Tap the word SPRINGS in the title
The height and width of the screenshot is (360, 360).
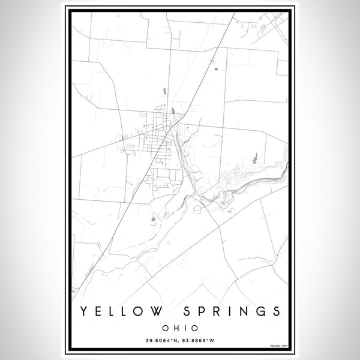[x=233, y=311]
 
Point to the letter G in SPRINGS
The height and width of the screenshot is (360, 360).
[x=259, y=311]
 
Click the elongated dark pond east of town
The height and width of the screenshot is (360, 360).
[x=254, y=158]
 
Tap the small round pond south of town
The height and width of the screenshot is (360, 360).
[x=154, y=220]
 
